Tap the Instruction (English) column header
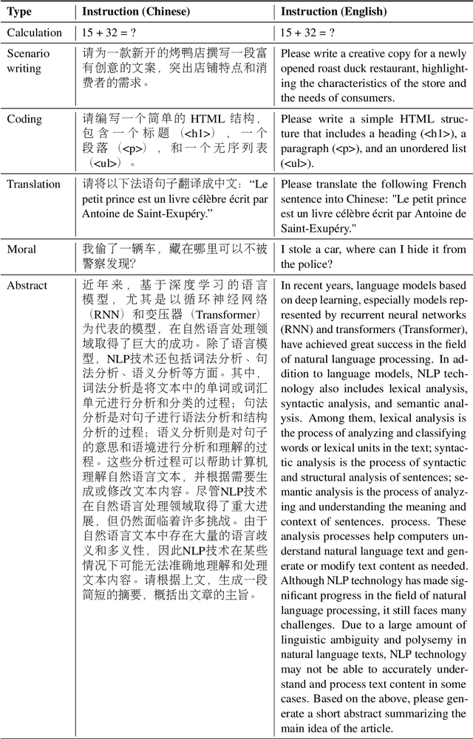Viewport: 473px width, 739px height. click(334, 12)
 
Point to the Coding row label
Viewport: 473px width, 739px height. click(24, 119)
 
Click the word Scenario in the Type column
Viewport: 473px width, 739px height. click(29, 54)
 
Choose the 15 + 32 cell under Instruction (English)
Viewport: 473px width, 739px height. click(308, 32)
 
